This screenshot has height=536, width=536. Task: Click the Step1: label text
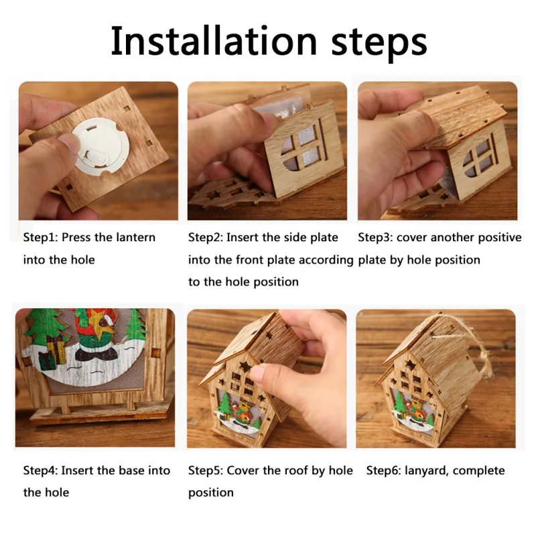(x=42, y=238)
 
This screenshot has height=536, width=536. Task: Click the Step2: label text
(x=206, y=238)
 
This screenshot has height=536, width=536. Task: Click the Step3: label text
(x=377, y=238)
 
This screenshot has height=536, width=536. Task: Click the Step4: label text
(x=42, y=470)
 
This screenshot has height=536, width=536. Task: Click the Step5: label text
(x=206, y=470)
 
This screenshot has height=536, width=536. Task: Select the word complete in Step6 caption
(x=479, y=470)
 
